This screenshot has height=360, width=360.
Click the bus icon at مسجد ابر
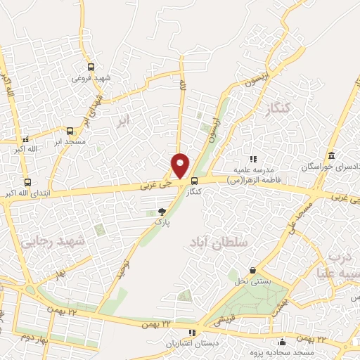(x=70, y=131)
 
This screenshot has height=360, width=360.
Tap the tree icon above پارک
(x=162, y=211)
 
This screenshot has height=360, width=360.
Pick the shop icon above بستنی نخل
(x=252, y=271)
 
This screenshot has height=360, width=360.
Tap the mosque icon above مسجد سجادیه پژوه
(x=282, y=342)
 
